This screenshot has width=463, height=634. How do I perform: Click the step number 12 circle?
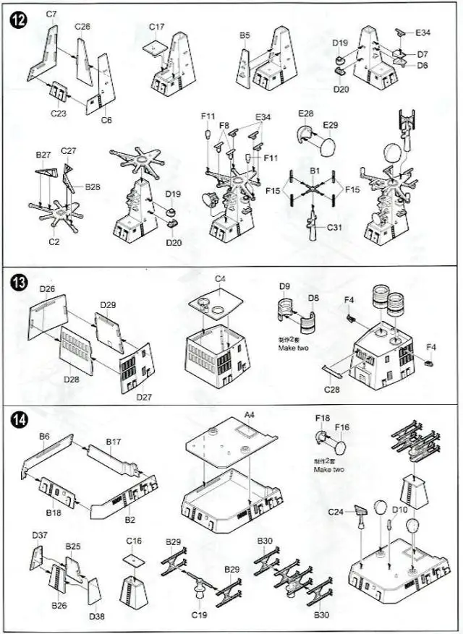point(20,20)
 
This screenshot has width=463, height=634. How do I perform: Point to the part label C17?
point(157,27)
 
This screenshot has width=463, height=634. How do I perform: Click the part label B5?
point(245,35)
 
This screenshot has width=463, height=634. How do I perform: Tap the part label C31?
point(334,227)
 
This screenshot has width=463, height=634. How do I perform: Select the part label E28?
point(306,113)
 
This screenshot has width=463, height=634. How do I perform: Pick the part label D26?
point(48,290)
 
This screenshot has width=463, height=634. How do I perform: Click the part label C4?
point(220,279)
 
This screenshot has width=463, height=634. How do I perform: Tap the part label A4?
point(250,414)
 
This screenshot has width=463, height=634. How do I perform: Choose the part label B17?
point(114,441)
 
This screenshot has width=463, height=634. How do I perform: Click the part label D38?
point(97,616)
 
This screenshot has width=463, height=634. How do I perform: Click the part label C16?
point(134,540)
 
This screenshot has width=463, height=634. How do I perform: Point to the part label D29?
point(108,304)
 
